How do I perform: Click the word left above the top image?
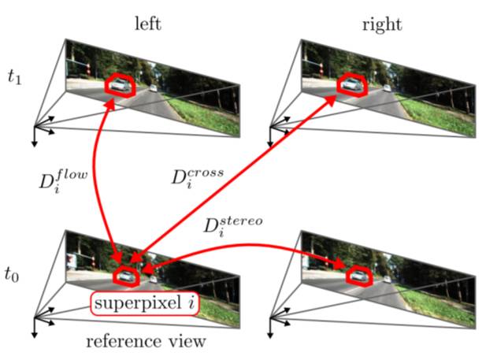(x=147, y=24)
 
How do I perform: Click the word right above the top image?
(x=382, y=24)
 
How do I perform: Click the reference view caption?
(x=146, y=341)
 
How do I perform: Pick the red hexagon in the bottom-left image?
(x=125, y=276)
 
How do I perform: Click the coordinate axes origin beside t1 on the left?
(x=35, y=124)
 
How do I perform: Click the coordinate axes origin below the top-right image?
(x=269, y=124)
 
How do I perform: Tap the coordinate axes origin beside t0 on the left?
(x=35, y=317)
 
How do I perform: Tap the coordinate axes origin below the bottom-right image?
(x=269, y=317)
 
